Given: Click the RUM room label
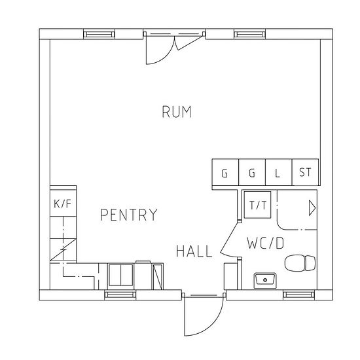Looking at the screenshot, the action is pos(176,112).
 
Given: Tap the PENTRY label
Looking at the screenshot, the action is pos(129,215).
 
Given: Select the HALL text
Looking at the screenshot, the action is pos(194,251).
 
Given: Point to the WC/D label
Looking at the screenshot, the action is pos(265,243).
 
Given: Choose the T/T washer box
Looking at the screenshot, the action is pos(257,205).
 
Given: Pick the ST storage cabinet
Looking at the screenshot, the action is pos(305,172).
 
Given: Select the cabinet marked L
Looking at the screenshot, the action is pos(278,172).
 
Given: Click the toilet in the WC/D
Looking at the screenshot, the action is pos(300,263).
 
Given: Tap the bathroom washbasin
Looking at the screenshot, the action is pos(265,280).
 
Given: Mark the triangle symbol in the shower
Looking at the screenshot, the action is pos(312,208).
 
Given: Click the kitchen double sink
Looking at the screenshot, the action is pos(121,275).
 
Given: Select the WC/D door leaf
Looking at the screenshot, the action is pos(229,237).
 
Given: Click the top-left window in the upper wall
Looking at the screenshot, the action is pos(99,35).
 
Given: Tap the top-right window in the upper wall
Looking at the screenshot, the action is pos(250,35).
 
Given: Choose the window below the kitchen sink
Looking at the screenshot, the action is pos(120,295).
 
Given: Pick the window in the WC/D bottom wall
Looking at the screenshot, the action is pos(298,295).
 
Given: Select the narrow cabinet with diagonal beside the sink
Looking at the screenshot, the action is pos(157,276).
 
